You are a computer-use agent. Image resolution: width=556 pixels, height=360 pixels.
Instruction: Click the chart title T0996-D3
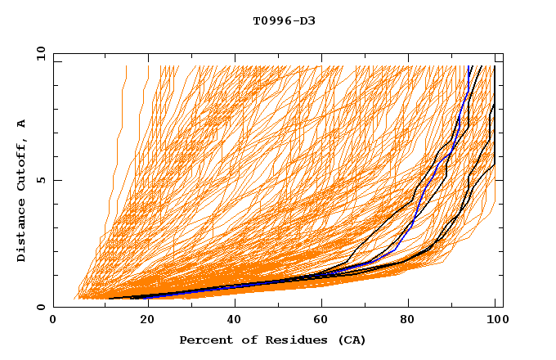(x=284, y=21)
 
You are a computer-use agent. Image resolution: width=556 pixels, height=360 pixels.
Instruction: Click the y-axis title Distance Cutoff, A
(x=21, y=189)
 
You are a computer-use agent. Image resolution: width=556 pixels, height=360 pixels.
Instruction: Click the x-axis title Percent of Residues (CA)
(x=273, y=340)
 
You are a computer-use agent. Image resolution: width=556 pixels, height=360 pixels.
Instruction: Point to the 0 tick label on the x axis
(x=53, y=322)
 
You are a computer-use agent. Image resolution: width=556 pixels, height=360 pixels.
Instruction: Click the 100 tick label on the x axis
(x=496, y=322)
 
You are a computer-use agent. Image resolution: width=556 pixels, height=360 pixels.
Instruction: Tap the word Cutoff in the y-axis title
(x=21, y=160)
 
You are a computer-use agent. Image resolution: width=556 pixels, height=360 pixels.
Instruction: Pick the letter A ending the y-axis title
(x=21, y=123)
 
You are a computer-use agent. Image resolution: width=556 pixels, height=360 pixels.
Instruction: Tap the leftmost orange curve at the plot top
(x=125, y=70)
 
